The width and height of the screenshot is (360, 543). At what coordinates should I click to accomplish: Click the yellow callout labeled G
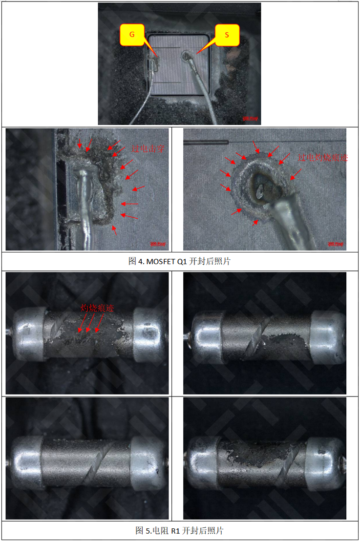132,35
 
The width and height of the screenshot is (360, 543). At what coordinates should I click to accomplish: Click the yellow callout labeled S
227,35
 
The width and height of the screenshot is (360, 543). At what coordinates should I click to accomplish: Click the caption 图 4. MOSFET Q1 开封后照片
179,261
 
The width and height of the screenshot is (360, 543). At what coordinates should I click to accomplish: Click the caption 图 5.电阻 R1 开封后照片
179,531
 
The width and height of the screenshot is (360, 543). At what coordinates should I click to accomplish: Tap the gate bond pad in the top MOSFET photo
155,62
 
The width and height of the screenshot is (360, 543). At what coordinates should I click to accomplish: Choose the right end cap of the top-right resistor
327,335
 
